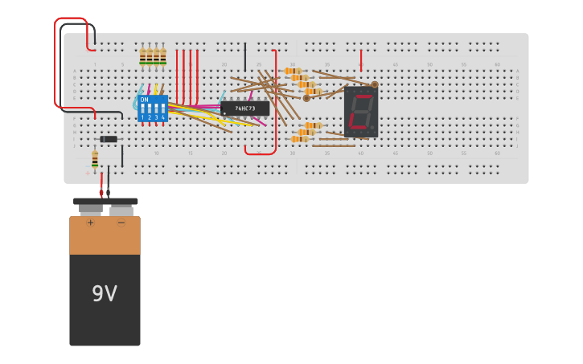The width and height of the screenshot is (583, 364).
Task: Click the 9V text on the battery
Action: tap(105, 294)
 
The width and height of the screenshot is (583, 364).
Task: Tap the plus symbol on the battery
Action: tap(90, 223)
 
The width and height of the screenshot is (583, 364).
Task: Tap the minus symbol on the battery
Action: tap(121, 223)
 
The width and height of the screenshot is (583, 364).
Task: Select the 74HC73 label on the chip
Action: tap(245, 108)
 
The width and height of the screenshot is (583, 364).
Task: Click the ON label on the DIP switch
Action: tap(144, 100)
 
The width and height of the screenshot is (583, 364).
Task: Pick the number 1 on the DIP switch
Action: tap(143, 117)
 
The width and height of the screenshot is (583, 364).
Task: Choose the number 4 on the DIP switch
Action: tap(162, 117)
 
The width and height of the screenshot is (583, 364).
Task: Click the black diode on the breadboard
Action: tap(109, 139)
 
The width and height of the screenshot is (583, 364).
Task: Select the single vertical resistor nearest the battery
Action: tap(95, 159)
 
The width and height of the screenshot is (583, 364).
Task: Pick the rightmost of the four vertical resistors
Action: tap(163, 56)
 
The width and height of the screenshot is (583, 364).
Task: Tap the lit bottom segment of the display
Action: tap(359, 129)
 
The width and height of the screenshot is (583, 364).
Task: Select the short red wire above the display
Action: tap(361, 59)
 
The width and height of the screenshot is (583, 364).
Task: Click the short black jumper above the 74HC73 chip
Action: tap(245, 57)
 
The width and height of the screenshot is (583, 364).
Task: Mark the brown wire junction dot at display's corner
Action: tap(374, 84)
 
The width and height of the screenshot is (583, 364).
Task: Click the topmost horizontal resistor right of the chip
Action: tap(293, 71)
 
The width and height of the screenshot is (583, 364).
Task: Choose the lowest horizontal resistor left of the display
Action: tap(299, 139)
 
